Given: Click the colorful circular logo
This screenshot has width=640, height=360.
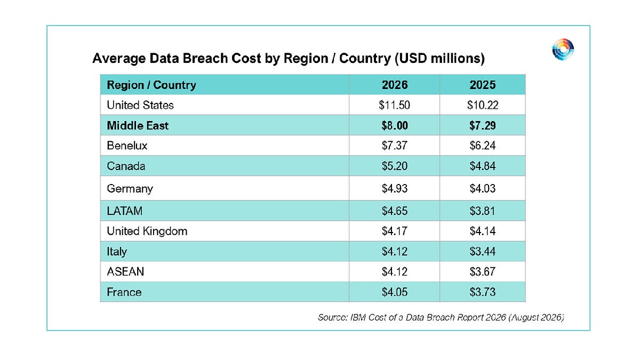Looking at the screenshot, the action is coord(563,50).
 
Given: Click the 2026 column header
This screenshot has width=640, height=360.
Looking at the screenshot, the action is coord(395,85).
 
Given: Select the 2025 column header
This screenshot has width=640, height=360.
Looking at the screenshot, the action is coord(483,85).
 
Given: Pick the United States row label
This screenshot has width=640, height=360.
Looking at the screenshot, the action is coord(140,105).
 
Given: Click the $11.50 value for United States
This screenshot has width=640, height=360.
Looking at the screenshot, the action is coord(395,105).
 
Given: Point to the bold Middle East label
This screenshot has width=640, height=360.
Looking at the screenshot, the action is coord(138,125).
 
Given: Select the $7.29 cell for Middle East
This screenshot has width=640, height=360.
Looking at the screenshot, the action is coord(483,125).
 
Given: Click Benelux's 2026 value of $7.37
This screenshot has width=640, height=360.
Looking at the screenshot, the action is coord(395,146).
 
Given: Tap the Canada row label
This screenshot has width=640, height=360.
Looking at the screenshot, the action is coord(126,166).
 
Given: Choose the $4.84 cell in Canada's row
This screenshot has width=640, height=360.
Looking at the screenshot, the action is coord(483,166).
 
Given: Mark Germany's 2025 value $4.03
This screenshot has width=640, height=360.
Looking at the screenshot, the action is coord(483,188).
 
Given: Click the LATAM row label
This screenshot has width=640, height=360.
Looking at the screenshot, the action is coord(125,211).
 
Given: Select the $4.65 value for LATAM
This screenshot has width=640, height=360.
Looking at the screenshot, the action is coord(395,211).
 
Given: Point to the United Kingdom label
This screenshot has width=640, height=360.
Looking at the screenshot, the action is coord(147,231).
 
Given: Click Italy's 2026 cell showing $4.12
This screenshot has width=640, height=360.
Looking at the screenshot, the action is coord(395,251).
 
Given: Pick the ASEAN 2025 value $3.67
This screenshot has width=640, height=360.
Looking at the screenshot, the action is coord(483,271).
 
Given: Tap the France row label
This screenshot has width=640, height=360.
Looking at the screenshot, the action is coord(124,292).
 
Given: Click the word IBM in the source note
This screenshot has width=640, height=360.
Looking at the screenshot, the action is coord(358,317).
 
